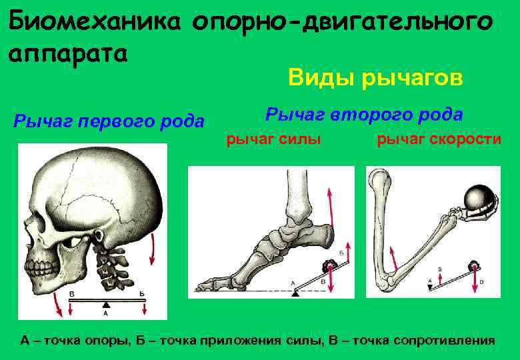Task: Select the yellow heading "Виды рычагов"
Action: (375, 78)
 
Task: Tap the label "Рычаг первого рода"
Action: (109, 121)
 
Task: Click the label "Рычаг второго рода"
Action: (363, 114)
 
